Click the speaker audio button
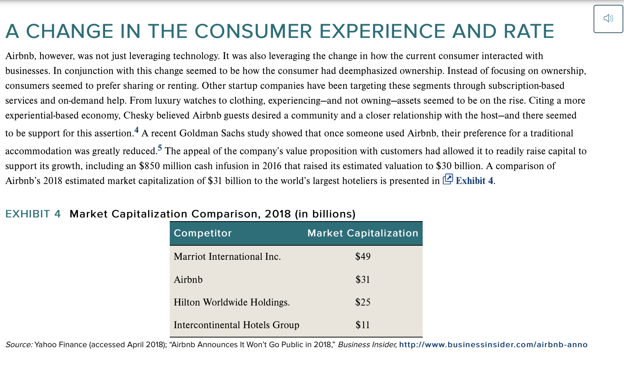[608, 19]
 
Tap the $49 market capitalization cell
[363, 256]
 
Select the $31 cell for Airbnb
[363, 280]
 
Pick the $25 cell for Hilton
[363, 302]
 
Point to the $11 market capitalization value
[363, 325]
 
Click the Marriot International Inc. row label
[227, 256]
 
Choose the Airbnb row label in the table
[188, 280]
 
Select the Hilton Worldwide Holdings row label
[231, 302]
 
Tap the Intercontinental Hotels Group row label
[236, 325]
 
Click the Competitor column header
[202, 233]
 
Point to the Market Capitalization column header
[363, 233]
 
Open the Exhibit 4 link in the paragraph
[474, 181]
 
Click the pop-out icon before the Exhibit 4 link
[448, 179]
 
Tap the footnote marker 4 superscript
[136, 130]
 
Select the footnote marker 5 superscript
[160, 148]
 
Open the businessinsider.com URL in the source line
[493, 345]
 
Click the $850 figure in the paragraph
[149, 166]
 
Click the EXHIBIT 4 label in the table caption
[33, 214]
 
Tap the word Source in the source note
[19, 345]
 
